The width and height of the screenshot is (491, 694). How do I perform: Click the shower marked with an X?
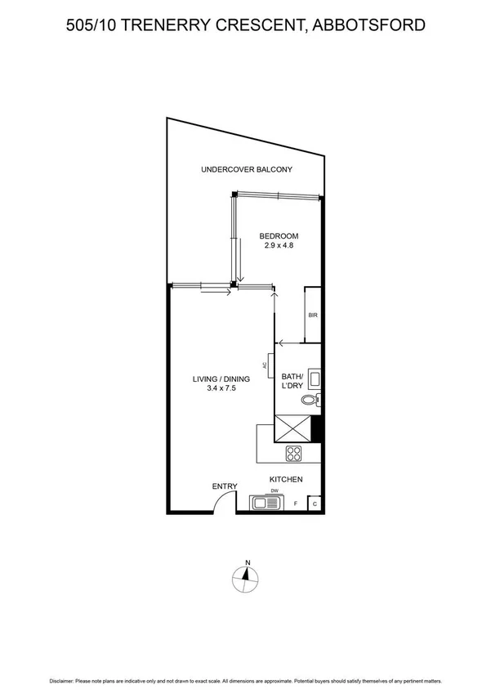[294, 428]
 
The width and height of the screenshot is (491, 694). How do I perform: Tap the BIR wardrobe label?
[313, 316]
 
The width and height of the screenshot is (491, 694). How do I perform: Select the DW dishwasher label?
[275, 490]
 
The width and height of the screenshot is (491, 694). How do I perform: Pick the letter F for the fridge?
[295, 504]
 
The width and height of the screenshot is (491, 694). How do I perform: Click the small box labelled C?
[315, 504]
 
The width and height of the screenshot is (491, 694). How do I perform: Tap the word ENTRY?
[225, 487]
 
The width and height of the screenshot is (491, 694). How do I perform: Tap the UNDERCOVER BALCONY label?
[246, 170]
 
